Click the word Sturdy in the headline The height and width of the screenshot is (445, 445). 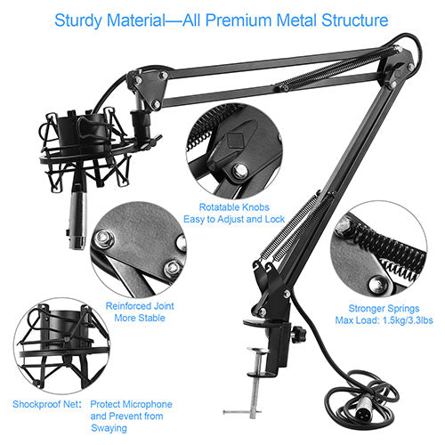(78, 20)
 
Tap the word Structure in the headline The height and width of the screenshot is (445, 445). (355, 20)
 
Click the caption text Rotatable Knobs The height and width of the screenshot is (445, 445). (234, 207)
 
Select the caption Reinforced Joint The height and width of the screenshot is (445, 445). (140, 306)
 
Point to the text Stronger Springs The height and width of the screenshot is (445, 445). (384, 309)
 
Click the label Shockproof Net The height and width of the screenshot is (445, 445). (47, 404)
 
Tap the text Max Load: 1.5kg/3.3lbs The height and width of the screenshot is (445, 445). (384, 320)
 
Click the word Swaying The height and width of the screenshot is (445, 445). (109, 428)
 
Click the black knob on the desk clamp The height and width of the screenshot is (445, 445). (297, 334)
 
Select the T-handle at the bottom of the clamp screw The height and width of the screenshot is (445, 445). (242, 412)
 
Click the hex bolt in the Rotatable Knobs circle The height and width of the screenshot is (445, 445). (239, 171)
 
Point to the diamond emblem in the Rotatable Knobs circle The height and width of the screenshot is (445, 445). (235, 141)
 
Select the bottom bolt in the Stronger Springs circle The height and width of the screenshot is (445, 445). (377, 286)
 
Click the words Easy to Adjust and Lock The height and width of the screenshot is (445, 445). (234, 219)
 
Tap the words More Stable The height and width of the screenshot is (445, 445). (140, 318)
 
